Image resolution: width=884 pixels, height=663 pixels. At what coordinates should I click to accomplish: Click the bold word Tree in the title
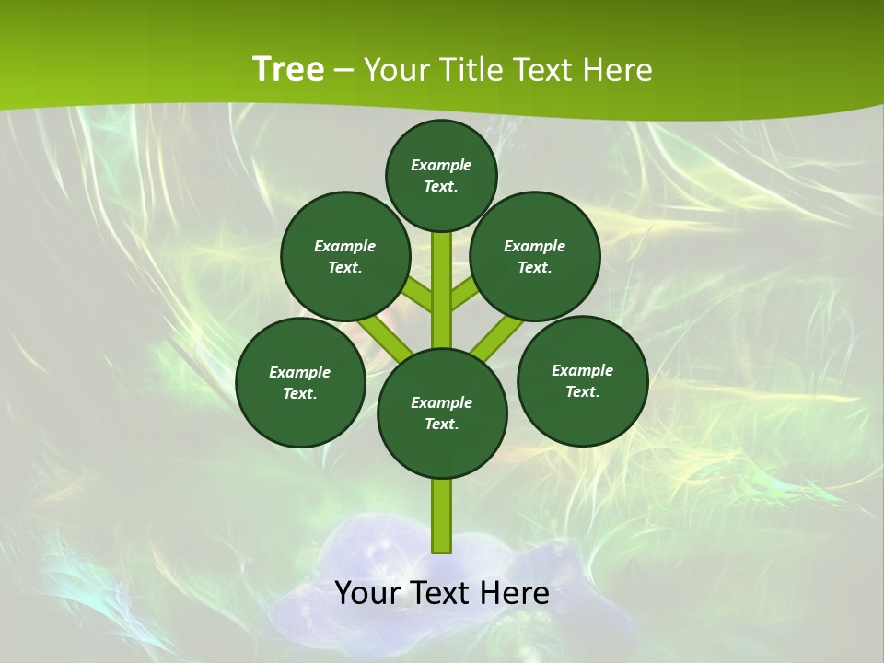tap(288, 69)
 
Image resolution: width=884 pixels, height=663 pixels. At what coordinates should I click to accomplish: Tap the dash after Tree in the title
tap(343, 71)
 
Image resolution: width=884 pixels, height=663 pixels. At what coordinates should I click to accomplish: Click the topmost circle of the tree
tap(441, 175)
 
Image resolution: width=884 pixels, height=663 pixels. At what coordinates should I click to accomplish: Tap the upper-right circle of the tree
tap(535, 256)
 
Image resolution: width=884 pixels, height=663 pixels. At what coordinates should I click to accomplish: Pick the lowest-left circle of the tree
tap(300, 382)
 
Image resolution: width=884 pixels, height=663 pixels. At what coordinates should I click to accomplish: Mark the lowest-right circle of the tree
tap(582, 380)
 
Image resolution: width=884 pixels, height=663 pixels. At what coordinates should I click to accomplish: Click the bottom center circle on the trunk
tap(442, 413)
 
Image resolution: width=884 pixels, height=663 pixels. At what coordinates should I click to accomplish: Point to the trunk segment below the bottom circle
tap(442, 516)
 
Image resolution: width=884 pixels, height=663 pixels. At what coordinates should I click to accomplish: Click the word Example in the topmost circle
tap(441, 165)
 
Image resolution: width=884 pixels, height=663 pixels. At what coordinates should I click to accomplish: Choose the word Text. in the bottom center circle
tap(442, 425)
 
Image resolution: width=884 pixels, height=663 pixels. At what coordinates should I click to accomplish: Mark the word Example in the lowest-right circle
tap(582, 370)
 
